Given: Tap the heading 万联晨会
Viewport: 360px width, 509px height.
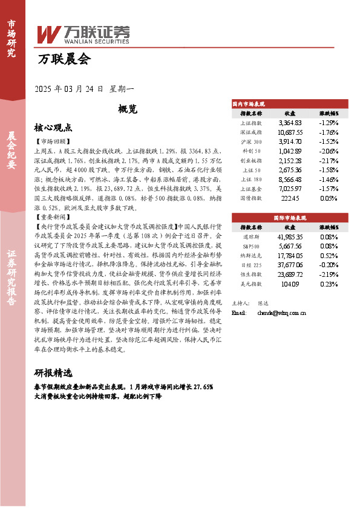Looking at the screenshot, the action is [x=64, y=59].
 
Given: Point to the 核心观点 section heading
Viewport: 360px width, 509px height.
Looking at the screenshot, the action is [x=53, y=128].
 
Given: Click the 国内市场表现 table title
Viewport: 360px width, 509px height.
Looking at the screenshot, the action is [x=249, y=104].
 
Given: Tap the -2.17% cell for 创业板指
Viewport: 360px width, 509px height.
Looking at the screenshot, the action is [x=329, y=160].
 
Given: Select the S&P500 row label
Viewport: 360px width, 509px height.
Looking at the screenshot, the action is [x=251, y=246].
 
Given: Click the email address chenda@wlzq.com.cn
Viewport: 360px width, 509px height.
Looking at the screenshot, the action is [x=290, y=313].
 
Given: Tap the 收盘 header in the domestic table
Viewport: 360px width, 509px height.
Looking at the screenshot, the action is [x=290, y=113].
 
